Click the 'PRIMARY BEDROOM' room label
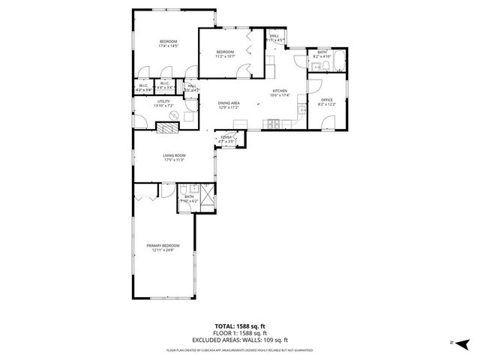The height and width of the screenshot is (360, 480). tap(163, 245)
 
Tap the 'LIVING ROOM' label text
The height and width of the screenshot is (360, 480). tap(174, 156)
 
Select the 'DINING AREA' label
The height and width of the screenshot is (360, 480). tap(229, 103)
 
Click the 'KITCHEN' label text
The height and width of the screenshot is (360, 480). tap(280, 91)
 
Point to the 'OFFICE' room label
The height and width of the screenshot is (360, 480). tap(326, 100)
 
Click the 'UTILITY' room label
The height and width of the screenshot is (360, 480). tap(164, 101)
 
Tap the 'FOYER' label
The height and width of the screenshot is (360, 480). tap(226, 136)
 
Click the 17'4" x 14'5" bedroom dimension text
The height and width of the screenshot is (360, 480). tap(167, 46)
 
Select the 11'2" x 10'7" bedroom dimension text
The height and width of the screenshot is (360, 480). tap(225, 56)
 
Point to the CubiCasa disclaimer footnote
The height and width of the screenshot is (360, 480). tap(239, 349)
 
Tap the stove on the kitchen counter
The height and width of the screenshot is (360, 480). tap(275, 124)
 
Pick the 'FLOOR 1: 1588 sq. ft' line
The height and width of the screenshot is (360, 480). tap(239, 333)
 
